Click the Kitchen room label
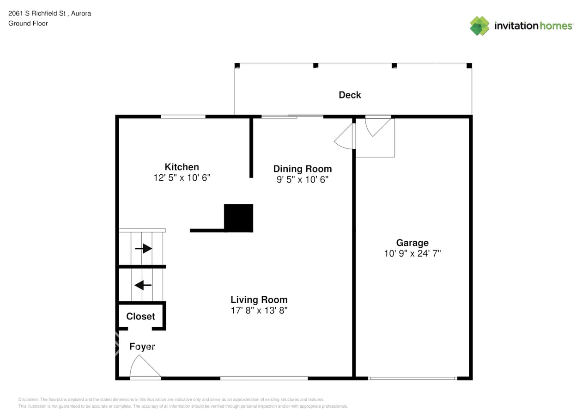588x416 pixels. tap(182, 167)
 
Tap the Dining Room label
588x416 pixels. tap(303, 169)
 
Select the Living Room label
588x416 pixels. tap(259, 300)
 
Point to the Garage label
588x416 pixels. tap(412, 243)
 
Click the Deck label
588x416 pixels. tap(350, 95)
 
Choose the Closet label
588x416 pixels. tap(140, 316)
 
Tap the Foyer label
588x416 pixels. tap(142, 347)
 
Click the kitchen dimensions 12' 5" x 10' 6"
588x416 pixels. tap(182, 178)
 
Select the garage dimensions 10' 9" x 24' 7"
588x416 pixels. tap(412, 253)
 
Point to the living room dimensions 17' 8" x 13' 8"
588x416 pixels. tap(259, 311)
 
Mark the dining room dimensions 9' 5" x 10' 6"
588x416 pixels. tap(303, 180)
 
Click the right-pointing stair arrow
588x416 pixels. tap(143, 248)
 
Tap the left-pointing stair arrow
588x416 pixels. tap(143, 285)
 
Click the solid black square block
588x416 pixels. tap(239, 218)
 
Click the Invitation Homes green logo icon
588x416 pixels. tap(479, 26)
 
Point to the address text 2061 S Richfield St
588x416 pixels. tap(37, 13)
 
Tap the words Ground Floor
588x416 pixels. tap(28, 24)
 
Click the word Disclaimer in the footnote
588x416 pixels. tap(28, 399)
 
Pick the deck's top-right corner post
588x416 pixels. tap(469, 66)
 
